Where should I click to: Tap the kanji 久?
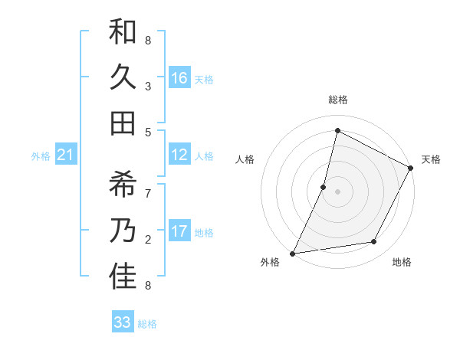coord(123,78)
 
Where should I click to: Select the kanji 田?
coord(123,122)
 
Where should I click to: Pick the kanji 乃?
coord(123,231)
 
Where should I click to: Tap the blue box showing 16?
coord(179,78)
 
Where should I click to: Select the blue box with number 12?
coord(179,155)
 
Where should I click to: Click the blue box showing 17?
coord(179,231)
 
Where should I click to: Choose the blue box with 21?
coord(65,155)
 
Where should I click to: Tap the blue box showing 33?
coord(123,322)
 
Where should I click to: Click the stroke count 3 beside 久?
coord(147,86)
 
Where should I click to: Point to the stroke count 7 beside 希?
coord(148,193)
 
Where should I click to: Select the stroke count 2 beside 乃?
coord(147,239)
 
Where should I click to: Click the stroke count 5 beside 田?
coord(148,132)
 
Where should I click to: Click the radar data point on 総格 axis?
coord(337,131)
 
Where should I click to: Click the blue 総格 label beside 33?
coord(147,324)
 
